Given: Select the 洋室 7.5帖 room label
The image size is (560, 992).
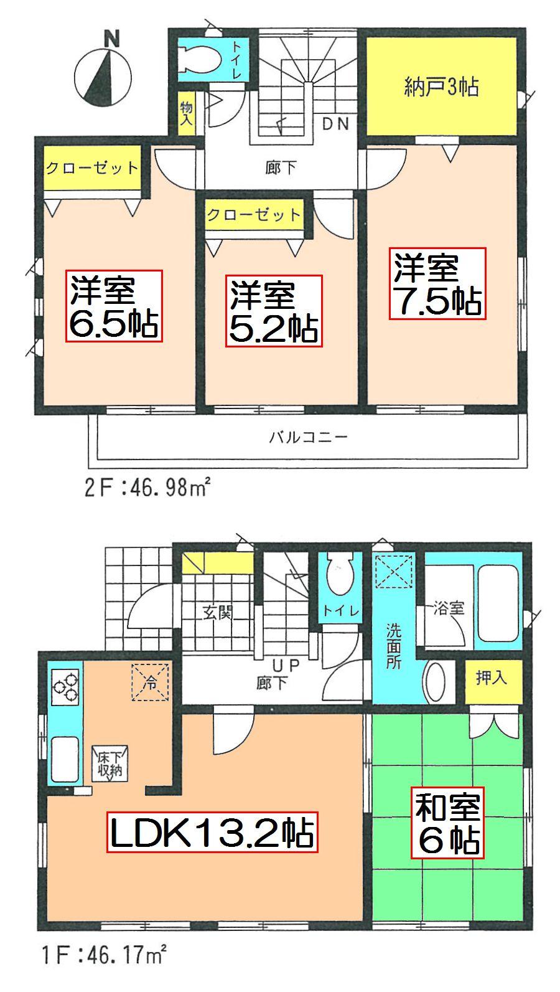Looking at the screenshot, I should tap(437, 283).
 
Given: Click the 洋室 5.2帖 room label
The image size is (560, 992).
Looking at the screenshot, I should tap(273, 312).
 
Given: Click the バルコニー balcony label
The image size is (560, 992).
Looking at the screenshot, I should tap(308, 437).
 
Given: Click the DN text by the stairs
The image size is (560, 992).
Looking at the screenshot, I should tap(335, 123).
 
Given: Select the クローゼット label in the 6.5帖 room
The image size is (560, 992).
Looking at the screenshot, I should tap(92, 168).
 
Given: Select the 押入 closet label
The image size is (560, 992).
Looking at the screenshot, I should tap(492, 678).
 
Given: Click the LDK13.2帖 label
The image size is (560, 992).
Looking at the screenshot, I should tap(212, 831).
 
